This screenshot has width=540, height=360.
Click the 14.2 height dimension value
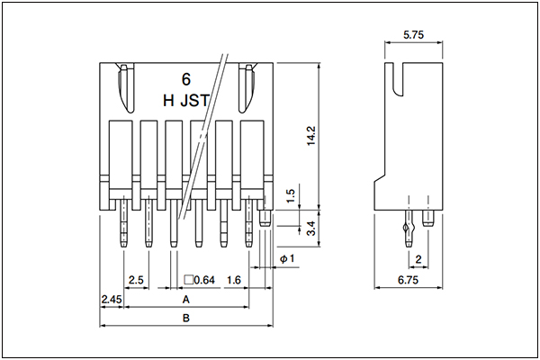(x=311, y=136)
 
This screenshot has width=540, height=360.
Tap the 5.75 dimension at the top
(x=413, y=34)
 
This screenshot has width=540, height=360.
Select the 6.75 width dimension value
(x=408, y=280)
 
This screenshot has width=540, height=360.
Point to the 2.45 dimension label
(x=112, y=300)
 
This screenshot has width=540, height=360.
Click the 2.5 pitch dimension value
(x=136, y=280)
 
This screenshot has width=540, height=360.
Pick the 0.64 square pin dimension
(x=200, y=280)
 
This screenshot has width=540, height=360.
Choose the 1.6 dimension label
(x=234, y=280)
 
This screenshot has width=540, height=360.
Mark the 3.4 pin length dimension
(x=311, y=228)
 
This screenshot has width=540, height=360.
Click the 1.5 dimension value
(x=291, y=195)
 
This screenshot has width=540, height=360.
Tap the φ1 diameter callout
(x=287, y=258)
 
